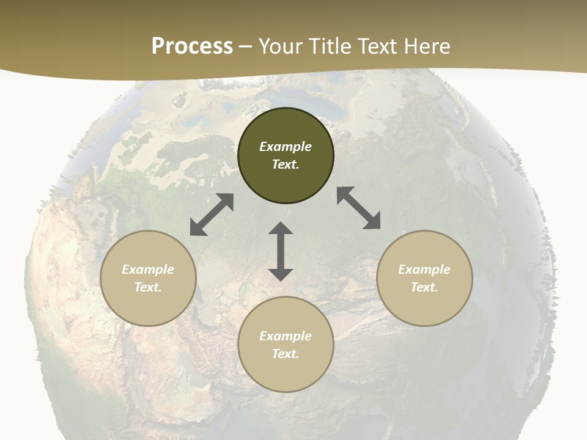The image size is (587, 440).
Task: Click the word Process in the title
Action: [192, 46]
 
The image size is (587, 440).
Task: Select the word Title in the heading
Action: [328, 46]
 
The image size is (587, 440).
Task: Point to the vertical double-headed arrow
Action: [281, 251]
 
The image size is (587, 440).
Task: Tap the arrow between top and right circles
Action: [358, 208]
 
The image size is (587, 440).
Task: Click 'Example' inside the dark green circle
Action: [286, 147]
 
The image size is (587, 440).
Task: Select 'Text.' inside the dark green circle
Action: [286, 164]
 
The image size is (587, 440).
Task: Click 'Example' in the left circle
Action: [148, 269]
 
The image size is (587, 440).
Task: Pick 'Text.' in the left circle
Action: [148, 287]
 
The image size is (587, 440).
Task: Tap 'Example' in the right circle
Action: [424, 269]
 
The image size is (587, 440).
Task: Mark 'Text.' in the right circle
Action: [424, 287]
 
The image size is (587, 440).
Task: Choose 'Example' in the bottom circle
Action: [286, 336]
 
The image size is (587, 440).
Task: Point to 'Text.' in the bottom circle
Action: [286, 354]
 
